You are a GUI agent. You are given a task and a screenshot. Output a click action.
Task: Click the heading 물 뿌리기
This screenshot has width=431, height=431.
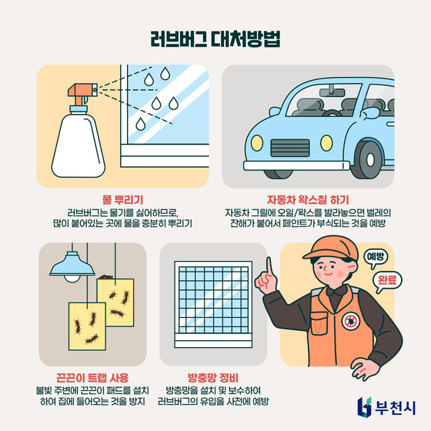[x=123, y=199]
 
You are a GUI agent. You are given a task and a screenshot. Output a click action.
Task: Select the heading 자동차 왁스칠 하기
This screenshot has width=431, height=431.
[x=308, y=199]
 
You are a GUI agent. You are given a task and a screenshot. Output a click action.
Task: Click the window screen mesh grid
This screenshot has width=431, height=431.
[x=212, y=301]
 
